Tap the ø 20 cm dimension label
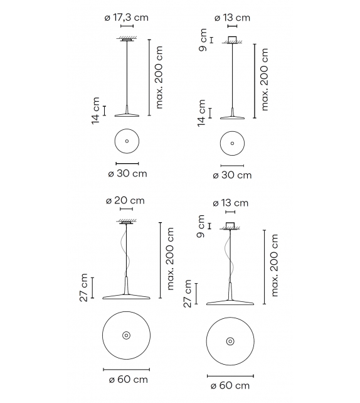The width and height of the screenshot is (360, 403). coord(125,200)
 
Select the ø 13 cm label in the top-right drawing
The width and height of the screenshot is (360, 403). coord(232,18)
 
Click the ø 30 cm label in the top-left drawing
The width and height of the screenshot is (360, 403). coord(127,173)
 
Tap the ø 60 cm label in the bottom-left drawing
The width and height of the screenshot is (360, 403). coord(126,379)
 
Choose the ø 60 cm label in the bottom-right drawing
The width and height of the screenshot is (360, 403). coord(230,385)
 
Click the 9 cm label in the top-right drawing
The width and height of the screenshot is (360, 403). coord(203,40)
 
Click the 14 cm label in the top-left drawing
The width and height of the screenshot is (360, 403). coord(96,110)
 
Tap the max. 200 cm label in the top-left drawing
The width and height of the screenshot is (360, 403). coord(159,77)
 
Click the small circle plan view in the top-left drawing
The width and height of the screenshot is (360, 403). coord(127,142)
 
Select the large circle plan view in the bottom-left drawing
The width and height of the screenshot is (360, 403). coord(126,336)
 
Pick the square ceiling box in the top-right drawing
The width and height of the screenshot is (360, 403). coord(232,40)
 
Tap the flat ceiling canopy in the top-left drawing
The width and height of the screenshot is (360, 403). coord(127,41)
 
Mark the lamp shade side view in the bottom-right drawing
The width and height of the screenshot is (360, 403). coord(230,299)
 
